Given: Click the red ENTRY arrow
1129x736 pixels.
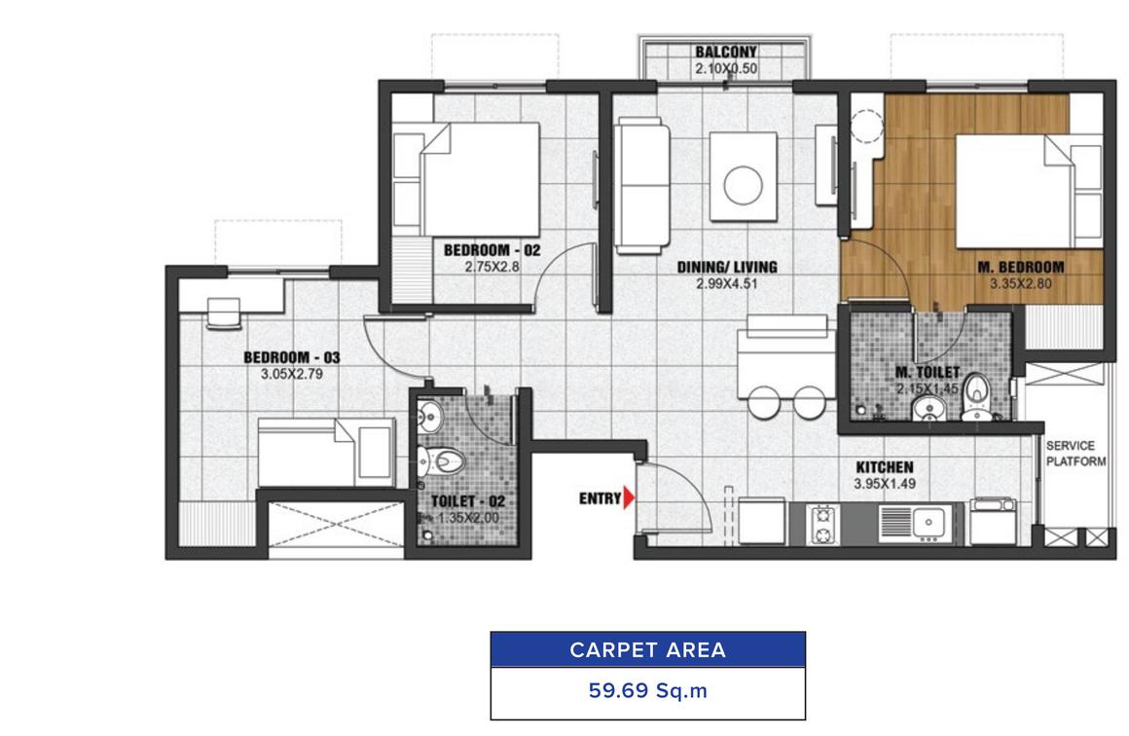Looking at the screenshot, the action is pos(629,497).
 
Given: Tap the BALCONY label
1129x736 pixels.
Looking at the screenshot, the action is pos(726,52).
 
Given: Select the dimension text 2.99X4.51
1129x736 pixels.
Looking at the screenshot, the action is pos(726,283).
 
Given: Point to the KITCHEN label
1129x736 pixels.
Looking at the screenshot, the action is pos(884,467).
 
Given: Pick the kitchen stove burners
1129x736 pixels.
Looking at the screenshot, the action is pos(822,525).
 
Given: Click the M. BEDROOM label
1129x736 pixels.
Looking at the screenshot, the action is pos(1020,267).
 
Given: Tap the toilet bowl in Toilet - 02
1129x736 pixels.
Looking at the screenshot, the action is pos(441,460).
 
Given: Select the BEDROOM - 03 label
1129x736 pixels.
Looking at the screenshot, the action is pos(292,357).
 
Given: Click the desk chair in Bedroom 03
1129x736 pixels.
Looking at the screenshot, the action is pos(223,313).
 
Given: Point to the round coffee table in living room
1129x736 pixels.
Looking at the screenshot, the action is pos(743,184).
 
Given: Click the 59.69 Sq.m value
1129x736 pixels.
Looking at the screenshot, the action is pos(648,690).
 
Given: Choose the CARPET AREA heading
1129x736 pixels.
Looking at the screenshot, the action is pos(647,649).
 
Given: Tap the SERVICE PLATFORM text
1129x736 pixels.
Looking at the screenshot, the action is pos(1075,454).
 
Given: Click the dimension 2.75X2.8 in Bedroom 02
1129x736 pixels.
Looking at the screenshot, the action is pos(492,267).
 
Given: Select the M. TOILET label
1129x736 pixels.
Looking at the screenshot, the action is pos(928,372).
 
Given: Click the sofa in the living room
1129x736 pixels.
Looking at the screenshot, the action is pos(641,186).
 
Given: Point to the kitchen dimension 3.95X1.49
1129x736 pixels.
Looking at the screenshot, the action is pos(884,484).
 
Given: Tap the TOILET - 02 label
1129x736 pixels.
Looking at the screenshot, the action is pos(468,501).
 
